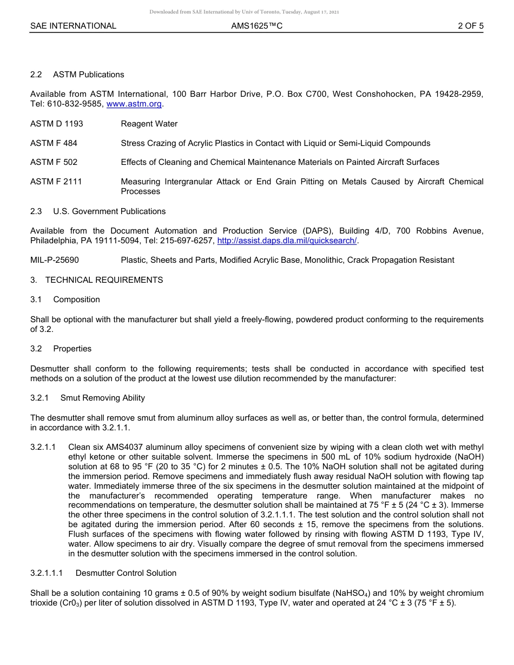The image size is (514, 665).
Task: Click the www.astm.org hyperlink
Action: click(x=134, y=104)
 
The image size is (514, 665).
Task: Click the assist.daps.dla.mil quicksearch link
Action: click(x=287, y=241)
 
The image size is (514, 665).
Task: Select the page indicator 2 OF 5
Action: click(x=471, y=26)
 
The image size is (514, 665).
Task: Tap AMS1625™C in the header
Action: click(x=257, y=26)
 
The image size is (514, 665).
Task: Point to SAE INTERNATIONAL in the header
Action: click(x=73, y=26)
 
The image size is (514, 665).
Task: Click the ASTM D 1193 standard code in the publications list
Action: click(x=57, y=124)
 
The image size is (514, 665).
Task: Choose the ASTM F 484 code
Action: click(x=54, y=143)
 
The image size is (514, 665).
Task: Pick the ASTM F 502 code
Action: click(x=54, y=162)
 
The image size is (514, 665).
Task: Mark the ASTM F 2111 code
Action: click(x=56, y=182)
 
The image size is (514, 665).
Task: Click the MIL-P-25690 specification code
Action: click(x=55, y=260)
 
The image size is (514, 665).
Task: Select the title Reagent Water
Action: click(x=149, y=124)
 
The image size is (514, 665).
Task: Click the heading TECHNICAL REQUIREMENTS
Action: click(x=104, y=280)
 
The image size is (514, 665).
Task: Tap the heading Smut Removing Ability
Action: click(x=103, y=398)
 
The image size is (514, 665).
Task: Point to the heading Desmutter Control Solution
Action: click(x=126, y=573)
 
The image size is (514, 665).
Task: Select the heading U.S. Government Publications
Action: click(x=109, y=211)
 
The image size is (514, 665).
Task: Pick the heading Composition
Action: click(x=76, y=300)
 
